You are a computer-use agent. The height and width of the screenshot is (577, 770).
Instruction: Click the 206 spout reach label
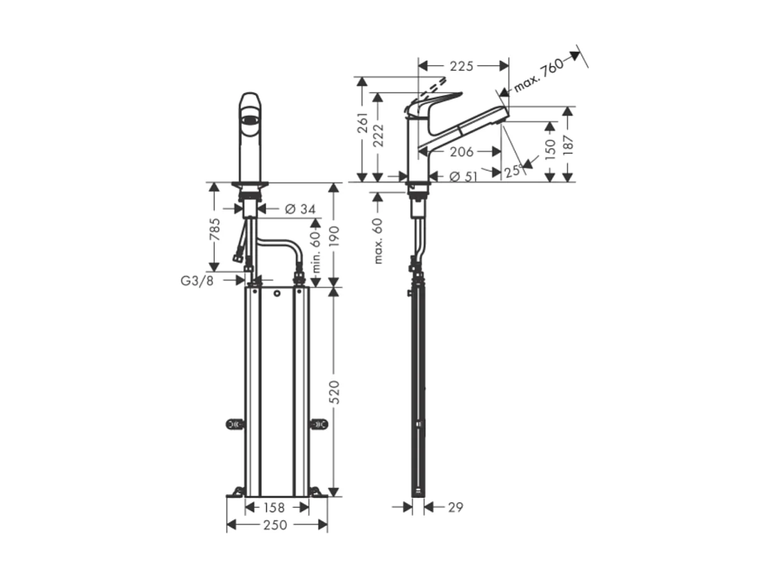(461, 151)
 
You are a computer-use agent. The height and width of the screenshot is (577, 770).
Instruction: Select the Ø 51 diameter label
(462, 176)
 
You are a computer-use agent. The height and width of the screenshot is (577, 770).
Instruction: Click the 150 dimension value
(550, 150)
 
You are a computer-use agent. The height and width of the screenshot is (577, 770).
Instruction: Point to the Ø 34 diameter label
(300, 209)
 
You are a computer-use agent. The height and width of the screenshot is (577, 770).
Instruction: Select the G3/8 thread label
(197, 281)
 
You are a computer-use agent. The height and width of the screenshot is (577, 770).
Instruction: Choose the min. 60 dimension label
(316, 251)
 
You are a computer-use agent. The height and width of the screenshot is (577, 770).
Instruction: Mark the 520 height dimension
(334, 392)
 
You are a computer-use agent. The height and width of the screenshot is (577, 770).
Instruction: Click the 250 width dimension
(276, 525)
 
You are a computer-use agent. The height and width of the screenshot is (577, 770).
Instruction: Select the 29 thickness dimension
(455, 507)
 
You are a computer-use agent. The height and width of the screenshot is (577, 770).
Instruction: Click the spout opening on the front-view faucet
(250, 120)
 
